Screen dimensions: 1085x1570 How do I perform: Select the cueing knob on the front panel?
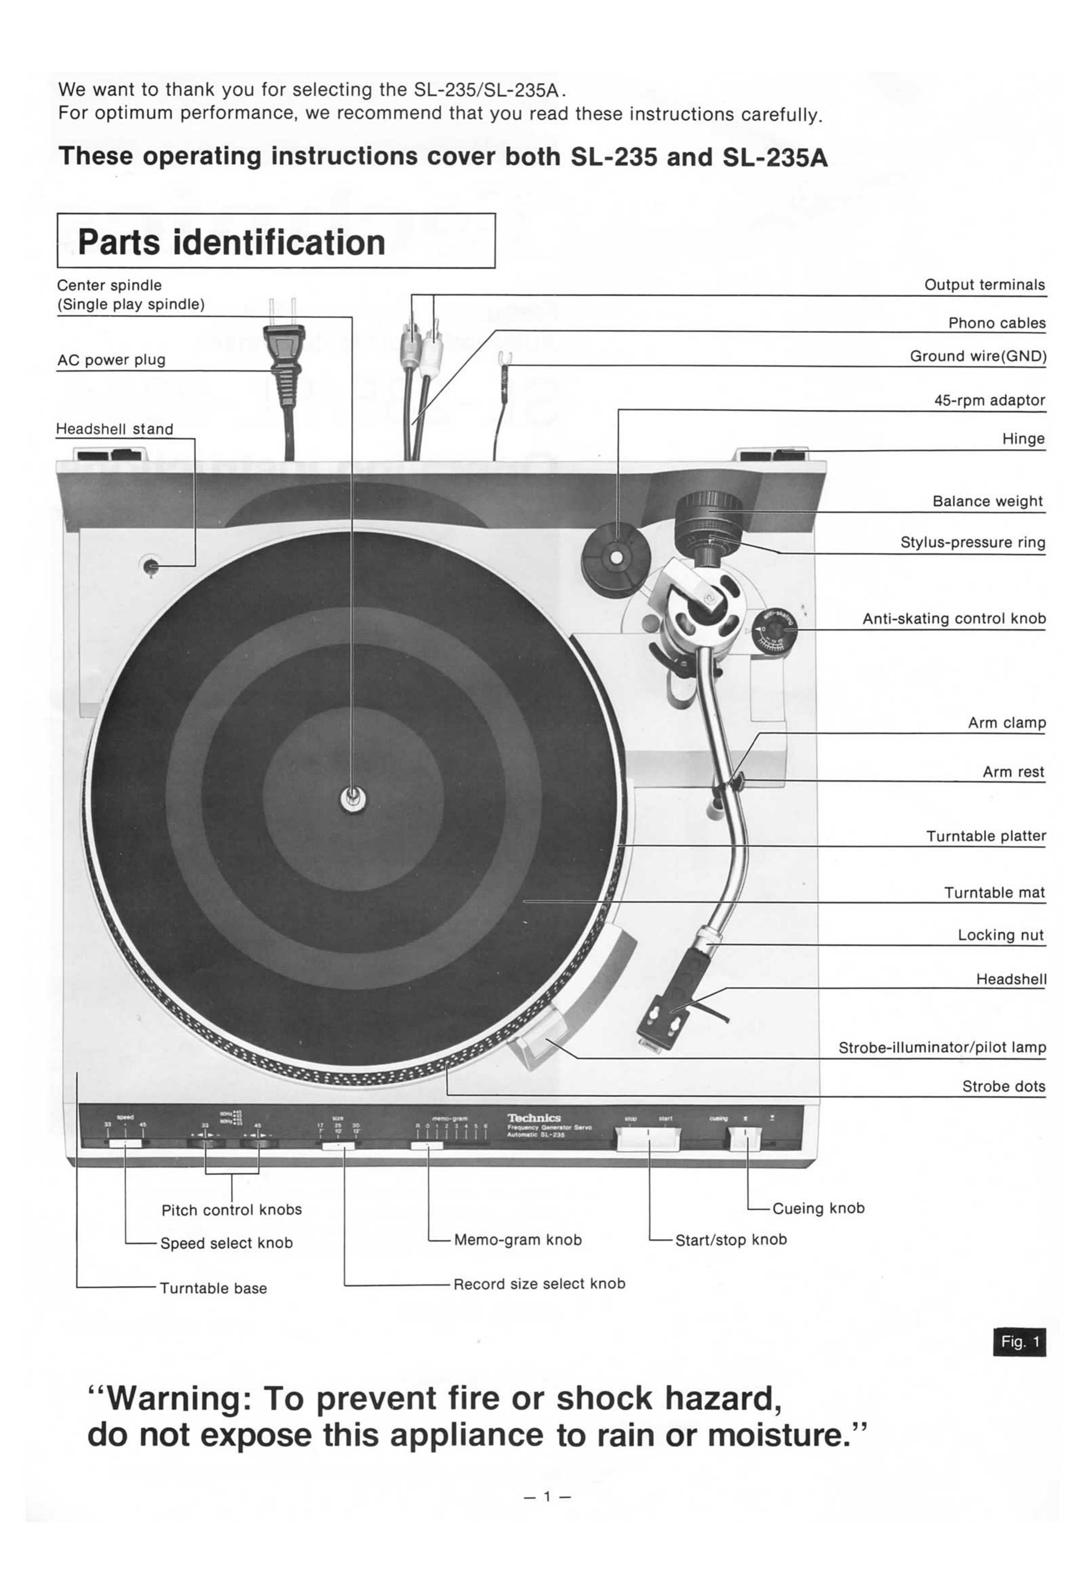[x=746, y=1139]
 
